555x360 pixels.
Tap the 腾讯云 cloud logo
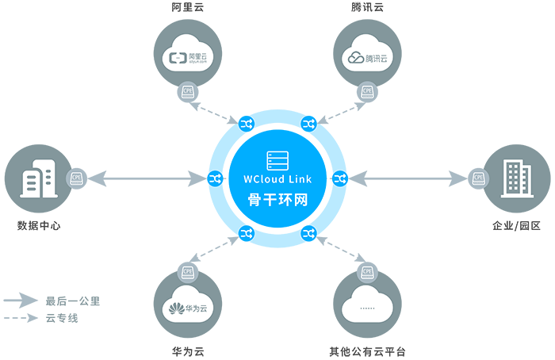point(367,57)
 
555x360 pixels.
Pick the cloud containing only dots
point(367,308)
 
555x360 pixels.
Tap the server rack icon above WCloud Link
point(277,159)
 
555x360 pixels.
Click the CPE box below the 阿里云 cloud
point(188,91)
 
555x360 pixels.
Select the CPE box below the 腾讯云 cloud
point(367,91)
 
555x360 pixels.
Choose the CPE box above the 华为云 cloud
point(188,272)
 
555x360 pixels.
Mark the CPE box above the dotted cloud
point(367,272)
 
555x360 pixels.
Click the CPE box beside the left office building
point(77,179)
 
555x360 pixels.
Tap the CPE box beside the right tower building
point(479,179)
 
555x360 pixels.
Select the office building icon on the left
point(38,181)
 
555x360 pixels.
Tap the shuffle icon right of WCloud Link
point(340,180)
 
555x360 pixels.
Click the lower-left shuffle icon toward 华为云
point(245,233)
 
